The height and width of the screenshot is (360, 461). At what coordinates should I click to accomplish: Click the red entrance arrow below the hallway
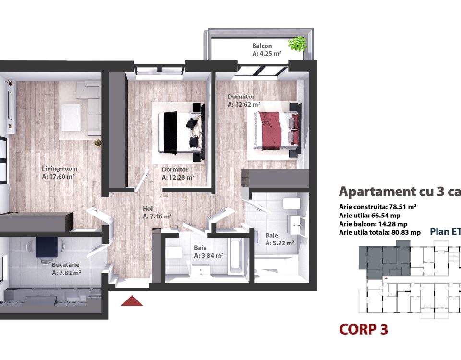(132, 301)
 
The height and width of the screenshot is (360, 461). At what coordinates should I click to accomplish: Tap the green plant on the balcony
(297, 44)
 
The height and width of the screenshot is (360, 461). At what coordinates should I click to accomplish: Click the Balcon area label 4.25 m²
(267, 53)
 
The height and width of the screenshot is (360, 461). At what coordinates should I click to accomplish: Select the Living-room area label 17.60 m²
(58, 176)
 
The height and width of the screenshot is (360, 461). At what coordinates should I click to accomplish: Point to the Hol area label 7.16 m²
(158, 216)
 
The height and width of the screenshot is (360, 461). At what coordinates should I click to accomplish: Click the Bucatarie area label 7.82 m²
(66, 273)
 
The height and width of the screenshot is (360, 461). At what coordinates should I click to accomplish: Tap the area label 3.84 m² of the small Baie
(208, 256)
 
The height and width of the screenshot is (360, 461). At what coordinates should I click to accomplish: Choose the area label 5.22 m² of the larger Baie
(279, 243)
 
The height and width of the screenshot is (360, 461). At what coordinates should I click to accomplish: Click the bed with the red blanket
(277, 130)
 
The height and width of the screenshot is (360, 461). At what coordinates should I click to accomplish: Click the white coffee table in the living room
(71, 118)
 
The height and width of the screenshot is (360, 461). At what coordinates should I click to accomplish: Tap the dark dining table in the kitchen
(47, 247)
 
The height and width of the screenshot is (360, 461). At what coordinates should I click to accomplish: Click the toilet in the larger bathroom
(291, 204)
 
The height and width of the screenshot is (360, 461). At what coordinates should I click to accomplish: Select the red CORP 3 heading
(364, 329)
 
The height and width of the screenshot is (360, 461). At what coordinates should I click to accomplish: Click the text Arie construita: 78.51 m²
(377, 206)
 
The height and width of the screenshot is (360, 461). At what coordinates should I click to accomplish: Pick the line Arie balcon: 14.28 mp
(373, 224)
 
